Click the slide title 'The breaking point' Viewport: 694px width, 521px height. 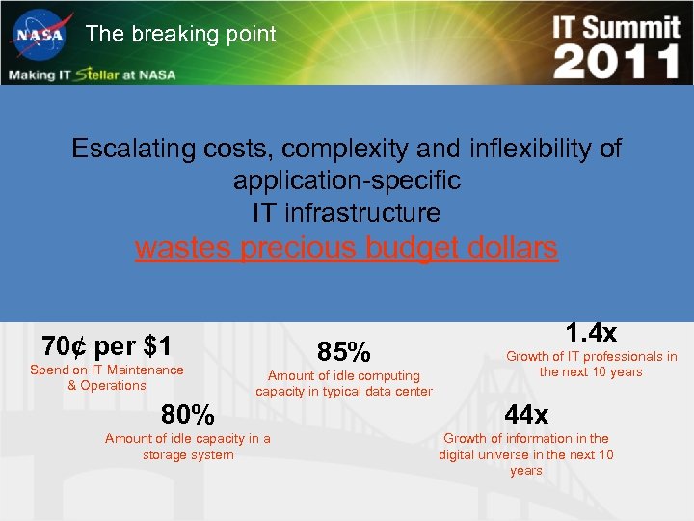(180, 34)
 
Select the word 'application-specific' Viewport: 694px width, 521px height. (347, 180)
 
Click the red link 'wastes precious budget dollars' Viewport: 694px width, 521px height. (347, 248)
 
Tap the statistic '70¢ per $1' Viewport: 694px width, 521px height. (107, 345)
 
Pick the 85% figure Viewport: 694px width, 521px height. (343, 351)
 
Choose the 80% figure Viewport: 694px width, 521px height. (188, 415)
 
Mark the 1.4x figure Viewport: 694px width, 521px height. (591, 333)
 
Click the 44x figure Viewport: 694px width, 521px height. (526, 415)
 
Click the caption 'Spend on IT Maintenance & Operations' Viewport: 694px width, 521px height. (107, 377)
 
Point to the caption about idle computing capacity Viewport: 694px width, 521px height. (344, 383)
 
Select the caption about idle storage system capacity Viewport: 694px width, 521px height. (188, 447)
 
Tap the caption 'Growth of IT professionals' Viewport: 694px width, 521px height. (592, 364)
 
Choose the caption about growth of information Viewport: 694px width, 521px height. (526, 454)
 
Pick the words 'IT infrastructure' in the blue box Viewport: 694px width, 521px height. (347, 212)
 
